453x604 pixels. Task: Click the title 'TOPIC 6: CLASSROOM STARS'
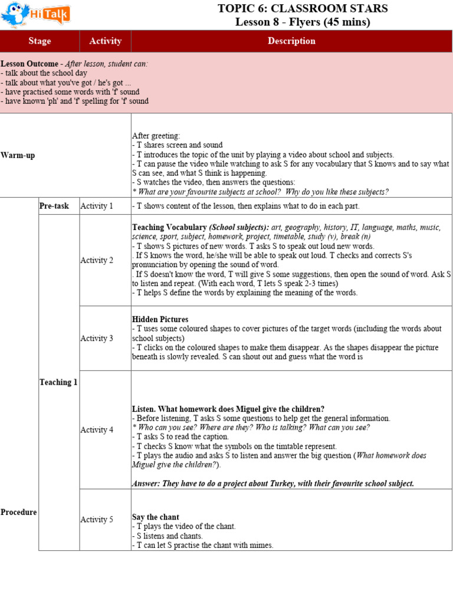click(303, 8)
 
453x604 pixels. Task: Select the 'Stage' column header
click(40, 41)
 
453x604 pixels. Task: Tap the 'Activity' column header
click(105, 41)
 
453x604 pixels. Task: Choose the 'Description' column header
click(291, 41)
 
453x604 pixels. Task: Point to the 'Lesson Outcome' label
click(29, 64)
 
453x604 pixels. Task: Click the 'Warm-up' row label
click(18, 155)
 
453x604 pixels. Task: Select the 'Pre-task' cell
click(54, 206)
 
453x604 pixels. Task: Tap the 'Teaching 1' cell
click(58, 382)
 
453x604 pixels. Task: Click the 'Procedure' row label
click(19, 512)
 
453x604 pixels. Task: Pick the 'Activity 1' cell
click(97, 206)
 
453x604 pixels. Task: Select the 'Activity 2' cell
click(97, 260)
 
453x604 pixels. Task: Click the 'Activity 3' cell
click(97, 338)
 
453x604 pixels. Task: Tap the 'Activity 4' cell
click(97, 430)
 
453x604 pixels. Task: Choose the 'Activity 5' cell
click(97, 520)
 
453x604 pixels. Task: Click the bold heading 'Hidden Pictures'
click(160, 319)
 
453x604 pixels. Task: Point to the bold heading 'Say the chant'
click(156, 517)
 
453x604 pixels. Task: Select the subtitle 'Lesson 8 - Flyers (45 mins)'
click(303, 22)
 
